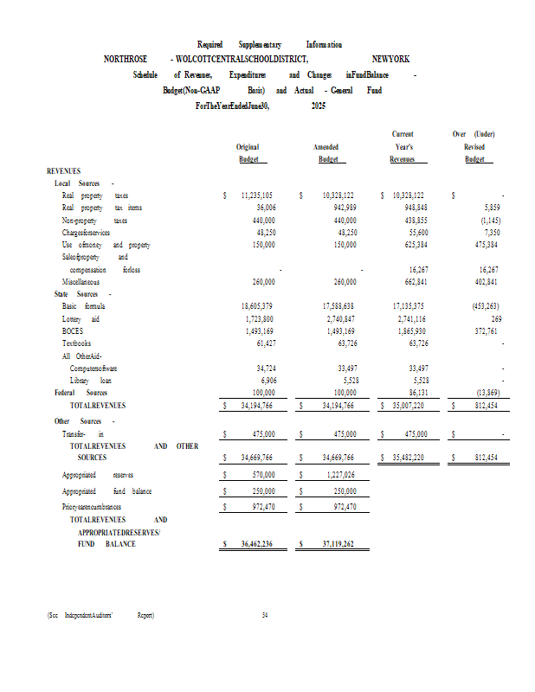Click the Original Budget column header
point(248,153)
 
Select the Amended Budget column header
point(327,153)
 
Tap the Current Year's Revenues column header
point(403,147)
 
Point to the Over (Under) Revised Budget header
point(474,147)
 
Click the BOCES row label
point(73,331)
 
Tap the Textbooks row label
point(77,343)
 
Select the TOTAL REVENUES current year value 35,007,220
point(405,405)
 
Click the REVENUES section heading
point(63,172)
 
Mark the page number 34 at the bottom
point(266,616)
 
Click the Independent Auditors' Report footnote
point(101,616)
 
